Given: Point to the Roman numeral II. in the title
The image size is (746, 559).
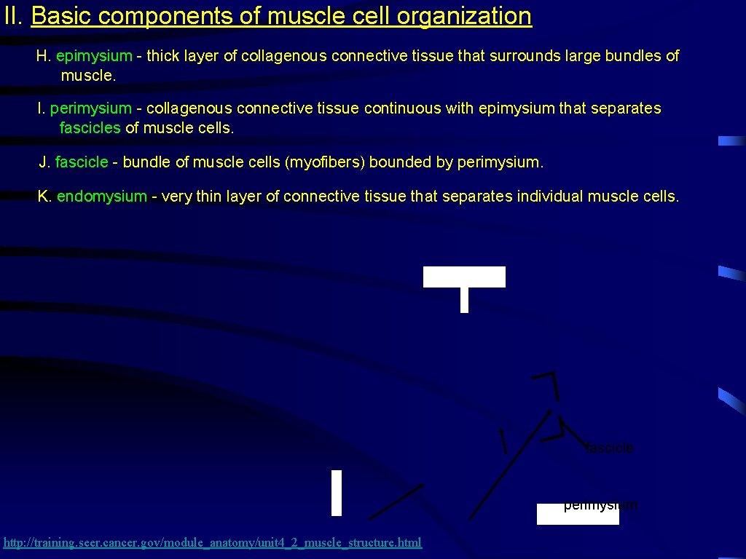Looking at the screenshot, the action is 14,16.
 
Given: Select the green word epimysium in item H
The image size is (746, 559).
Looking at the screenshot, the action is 94,56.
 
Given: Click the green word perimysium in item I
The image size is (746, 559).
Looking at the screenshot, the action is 90,108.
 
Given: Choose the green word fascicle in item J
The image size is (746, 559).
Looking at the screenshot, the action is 82,162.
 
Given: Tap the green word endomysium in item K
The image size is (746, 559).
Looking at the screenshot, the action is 101,197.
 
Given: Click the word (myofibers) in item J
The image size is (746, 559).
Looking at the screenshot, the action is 324,162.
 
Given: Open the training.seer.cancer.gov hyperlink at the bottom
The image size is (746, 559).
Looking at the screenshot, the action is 213,542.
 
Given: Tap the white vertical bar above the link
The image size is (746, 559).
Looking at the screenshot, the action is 336,493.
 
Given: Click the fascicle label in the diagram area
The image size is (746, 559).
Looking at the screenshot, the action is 610,448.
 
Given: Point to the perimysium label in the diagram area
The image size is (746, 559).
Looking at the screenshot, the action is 600,504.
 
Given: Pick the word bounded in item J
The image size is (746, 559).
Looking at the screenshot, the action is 400,162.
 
